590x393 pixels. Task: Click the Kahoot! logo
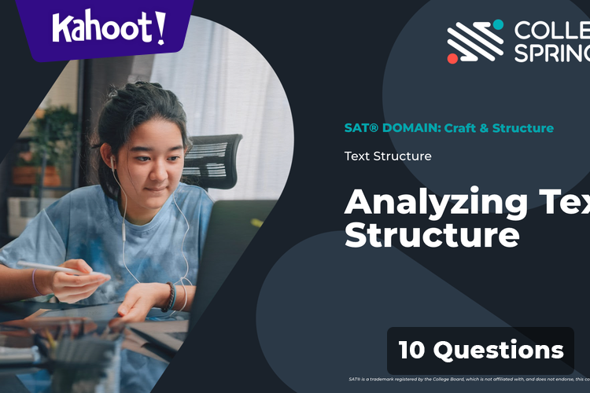(109, 28)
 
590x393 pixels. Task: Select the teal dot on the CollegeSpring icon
(497, 24)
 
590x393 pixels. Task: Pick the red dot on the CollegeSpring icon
(452, 58)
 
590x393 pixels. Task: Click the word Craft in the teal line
(459, 128)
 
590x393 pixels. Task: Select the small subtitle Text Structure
(388, 156)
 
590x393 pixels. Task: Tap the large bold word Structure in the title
(432, 235)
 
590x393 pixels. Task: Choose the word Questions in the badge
(499, 350)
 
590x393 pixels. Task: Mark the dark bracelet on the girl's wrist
(169, 297)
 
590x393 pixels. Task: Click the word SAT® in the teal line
(359, 128)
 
